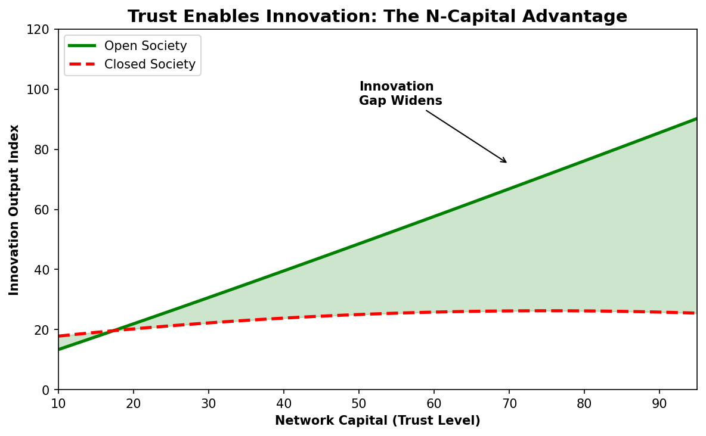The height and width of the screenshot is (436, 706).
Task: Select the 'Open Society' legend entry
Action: coord(145,46)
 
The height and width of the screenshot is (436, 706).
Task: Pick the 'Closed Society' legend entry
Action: coord(150,64)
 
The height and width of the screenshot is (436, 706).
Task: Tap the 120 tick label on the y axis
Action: coord(42,30)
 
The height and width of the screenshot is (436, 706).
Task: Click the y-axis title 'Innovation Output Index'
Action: coord(14,210)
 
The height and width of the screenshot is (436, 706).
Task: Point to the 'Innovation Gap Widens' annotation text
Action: coord(400,94)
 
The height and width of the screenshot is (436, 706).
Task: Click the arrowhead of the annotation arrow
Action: coord(506,162)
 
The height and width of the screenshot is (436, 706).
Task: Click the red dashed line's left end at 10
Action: coord(59,336)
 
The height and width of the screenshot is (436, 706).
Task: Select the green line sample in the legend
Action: coord(82,46)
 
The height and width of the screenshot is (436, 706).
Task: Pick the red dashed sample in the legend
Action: coord(82,64)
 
